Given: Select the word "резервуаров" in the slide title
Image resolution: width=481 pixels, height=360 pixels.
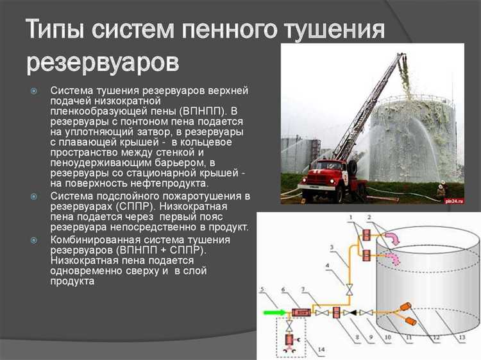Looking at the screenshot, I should coord(103,62).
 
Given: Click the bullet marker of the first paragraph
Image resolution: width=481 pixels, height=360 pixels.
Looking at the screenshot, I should coord(35,90).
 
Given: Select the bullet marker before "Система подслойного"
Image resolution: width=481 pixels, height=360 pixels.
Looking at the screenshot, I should coord(35,195).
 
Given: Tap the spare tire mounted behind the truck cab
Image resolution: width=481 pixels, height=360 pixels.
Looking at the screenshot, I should coord(352,169).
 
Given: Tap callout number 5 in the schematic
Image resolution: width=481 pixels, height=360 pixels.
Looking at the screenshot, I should coord(262,289).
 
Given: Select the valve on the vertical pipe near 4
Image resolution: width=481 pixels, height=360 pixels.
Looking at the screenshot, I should coord(349,291).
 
